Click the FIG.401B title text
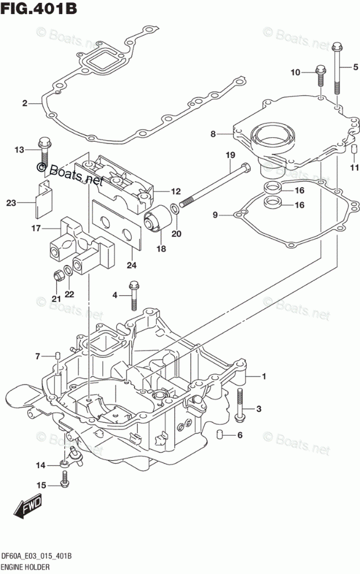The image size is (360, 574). [x=39, y=8]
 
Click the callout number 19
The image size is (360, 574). [x=230, y=155]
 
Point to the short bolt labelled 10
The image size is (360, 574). [x=320, y=76]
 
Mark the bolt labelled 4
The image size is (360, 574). [x=134, y=295]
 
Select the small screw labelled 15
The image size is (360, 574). [x=65, y=479]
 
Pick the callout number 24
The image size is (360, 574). [x=131, y=265]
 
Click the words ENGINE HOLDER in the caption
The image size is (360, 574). [x=26, y=568]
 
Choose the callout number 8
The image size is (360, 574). [x=213, y=134]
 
